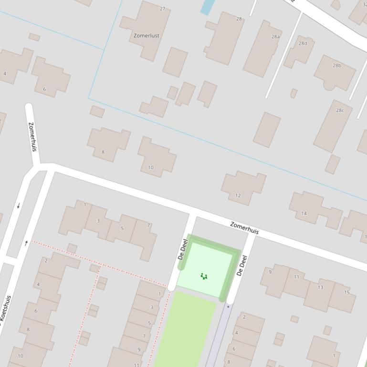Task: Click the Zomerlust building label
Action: [x=147, y=35]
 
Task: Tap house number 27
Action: [x=162, y=9]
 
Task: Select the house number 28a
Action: [x=275, y=36]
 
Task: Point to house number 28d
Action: [x=303, y=43]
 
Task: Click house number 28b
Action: [x=337, y=65]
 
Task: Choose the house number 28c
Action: [x=339, y=110]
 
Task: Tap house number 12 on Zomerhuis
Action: [x=238, y=195]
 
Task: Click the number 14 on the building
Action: [x=304, y=213]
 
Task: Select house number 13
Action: [x=320, y=287]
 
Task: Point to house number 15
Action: [x=347, y=292]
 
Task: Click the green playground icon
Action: [x=204, y=276]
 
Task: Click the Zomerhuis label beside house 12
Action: [x=244, y=227]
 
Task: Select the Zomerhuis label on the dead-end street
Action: [x=32, y=137]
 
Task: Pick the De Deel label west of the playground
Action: [x=183, y=249]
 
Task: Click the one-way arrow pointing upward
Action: [x=26, y=243]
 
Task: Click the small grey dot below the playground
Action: [x=228, y=306]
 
